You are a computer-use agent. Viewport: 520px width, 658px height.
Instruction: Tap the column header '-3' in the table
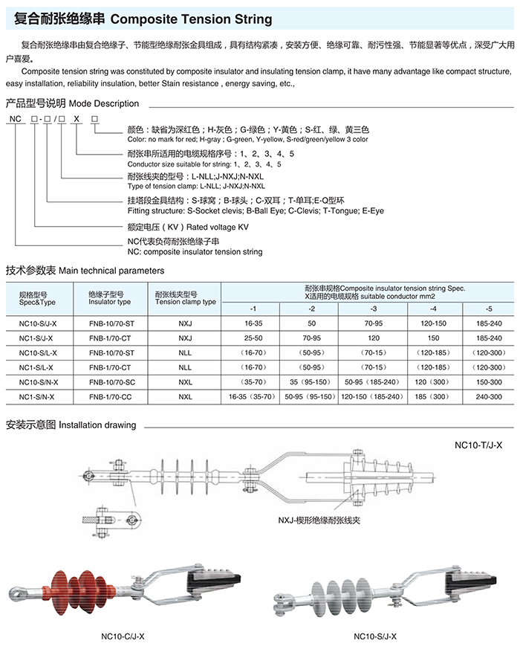373,308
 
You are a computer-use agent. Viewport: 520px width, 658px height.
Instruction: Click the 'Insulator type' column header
109,302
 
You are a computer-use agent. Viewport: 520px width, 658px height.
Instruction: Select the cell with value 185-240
488,323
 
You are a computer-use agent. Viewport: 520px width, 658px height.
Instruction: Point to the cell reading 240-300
488,397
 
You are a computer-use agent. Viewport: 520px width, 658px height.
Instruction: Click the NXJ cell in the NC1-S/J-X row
185,338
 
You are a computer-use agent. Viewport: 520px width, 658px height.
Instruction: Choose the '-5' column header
488,308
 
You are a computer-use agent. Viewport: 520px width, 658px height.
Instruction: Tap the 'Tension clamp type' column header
186,302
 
